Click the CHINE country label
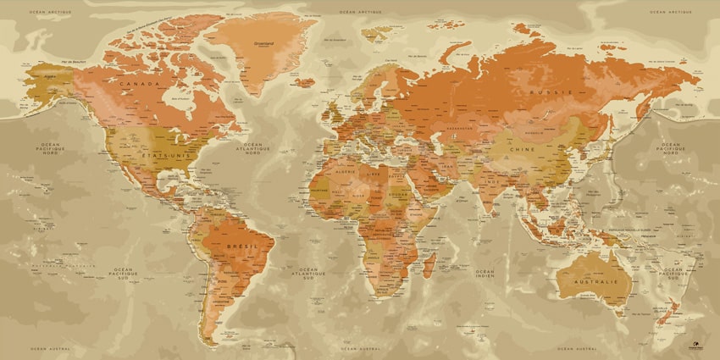click(x=522, y=148)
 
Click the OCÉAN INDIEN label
click(x=485, y=273)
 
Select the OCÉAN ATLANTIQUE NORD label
click(x=252, y=148)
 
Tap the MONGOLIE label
click(x=534, y=132)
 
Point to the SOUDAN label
click(x=398, y=193)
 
